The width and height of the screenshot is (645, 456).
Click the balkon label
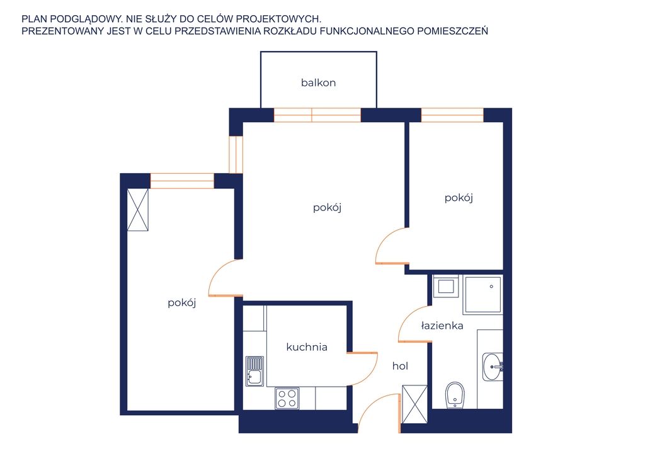coord(318,83)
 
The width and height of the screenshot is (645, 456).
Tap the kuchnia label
coord(307,347)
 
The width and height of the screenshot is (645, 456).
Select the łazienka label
coord(442,326)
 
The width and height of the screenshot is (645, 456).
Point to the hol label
coord(400,366)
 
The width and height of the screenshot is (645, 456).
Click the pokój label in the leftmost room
coord(182,303)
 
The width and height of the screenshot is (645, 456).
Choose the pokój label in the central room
coord(328,208)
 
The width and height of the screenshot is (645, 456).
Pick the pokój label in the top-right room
coord(459,198)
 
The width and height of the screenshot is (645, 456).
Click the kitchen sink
coord(254,372)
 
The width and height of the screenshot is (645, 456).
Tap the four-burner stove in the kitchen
coord(287,398)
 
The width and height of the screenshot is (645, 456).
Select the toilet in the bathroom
coord(455,395)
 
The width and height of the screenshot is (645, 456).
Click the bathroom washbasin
coord(493,367)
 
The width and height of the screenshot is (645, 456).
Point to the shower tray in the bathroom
coord(482,295)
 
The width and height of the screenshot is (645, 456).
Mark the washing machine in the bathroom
coord(446,286)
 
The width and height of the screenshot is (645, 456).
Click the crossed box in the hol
coord(414,404)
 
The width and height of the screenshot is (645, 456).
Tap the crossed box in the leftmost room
coord(138,210)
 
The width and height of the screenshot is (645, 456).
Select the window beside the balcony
coord(317,115)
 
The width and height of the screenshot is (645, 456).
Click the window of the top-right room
coord(452,115)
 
